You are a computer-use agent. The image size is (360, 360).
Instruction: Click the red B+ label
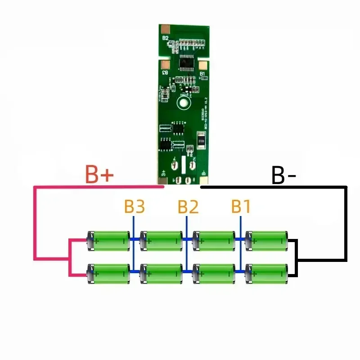[x=100, y=175]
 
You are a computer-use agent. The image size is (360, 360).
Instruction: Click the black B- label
[x=283, y=176]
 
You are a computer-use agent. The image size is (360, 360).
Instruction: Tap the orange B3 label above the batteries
[x=135, y=207]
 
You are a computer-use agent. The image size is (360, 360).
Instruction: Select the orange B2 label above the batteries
[x=188, y=207]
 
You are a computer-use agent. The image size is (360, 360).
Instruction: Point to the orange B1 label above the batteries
[x=241, y=207]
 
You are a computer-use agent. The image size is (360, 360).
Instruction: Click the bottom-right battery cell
[x=267, y=273]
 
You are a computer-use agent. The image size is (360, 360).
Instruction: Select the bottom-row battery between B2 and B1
[x=214, y=273]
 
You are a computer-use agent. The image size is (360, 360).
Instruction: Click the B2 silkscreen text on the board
[x=165, y=38]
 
